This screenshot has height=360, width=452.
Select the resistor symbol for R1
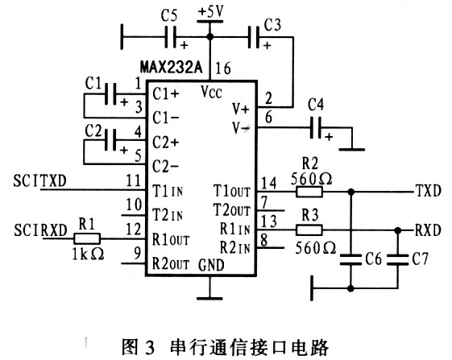tap(86, 238)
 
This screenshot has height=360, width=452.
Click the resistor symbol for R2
tap(309, 192)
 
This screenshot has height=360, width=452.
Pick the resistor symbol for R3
tap(309, 229)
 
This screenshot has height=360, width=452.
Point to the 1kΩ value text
tap(86, 254)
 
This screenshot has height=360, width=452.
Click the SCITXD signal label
tap(41, 181)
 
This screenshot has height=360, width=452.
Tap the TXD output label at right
tap(428, 192)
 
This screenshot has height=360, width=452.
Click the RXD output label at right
tap(428, 229)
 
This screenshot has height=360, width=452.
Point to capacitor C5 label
tap(169, 15)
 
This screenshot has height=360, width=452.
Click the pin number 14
tap(268, 183)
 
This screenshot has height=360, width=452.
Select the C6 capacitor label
tap(371, 262)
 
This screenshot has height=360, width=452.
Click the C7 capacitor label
tap(417, 262)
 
